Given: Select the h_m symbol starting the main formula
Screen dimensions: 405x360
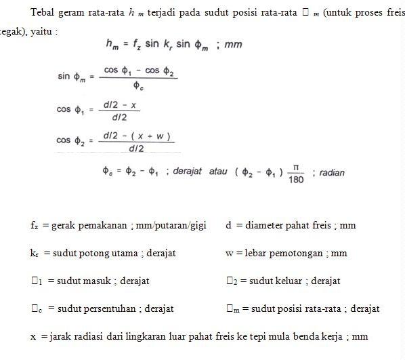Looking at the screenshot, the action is coord(112,45).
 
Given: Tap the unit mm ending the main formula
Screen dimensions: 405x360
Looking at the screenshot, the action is coord(234,45).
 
